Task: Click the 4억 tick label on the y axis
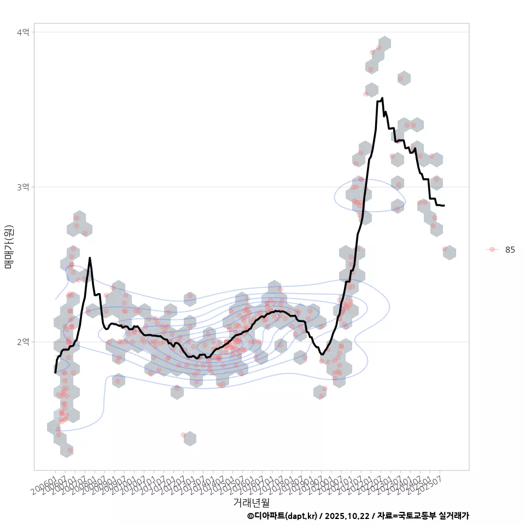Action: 24,32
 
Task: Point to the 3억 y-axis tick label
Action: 24,187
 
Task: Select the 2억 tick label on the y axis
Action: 24,342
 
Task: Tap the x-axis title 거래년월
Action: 251,502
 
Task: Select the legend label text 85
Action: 510,250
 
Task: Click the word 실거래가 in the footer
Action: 454,516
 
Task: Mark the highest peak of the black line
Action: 382,98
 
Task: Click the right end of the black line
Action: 444,206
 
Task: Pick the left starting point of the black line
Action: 55,372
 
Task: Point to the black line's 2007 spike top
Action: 90,258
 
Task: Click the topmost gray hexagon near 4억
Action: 384,44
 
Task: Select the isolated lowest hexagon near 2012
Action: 190,438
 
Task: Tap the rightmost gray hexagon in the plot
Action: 449,252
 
